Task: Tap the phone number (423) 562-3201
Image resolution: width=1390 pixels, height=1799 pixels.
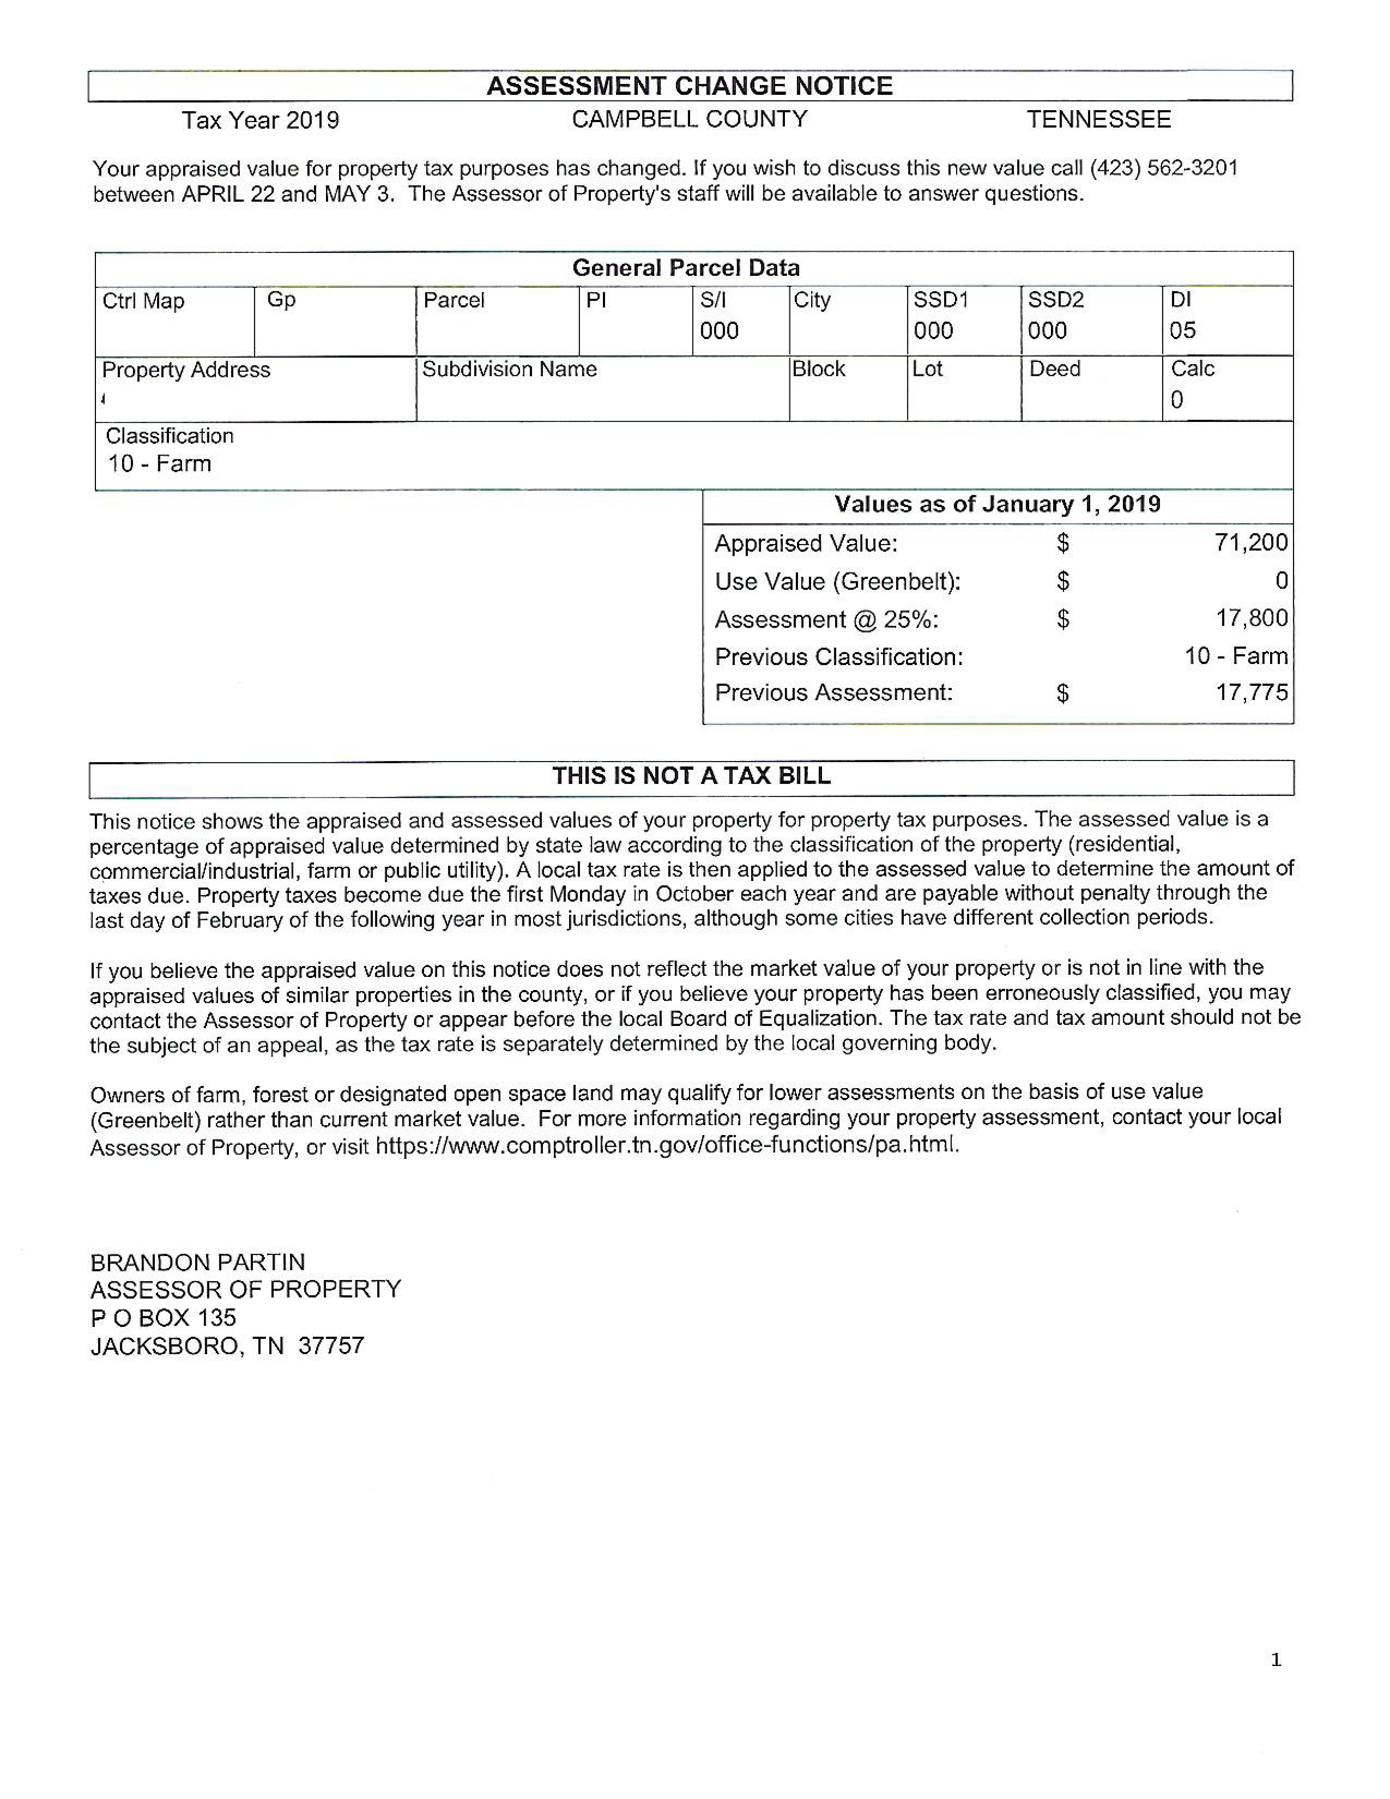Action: [x=1164, y=169]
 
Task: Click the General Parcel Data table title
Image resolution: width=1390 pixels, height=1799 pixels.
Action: [x=685, y=268]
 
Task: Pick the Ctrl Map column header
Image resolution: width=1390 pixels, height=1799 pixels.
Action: [x=143, y=301]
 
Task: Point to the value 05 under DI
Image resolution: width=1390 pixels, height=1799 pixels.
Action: [x=1182, y=331]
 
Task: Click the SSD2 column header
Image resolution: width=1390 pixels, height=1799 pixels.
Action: [x=1056, y=300]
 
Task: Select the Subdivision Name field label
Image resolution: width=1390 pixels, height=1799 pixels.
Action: [x=509, y=369]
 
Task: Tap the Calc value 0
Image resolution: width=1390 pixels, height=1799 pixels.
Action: [x=1177, y=400]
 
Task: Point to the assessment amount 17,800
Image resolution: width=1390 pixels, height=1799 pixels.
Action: [x=1252, y=618]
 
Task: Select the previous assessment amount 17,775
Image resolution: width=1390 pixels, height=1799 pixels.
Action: [x=1252, y=692]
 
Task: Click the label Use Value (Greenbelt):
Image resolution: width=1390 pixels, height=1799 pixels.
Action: [x=837, y=582]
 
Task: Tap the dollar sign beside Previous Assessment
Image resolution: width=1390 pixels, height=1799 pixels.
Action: [x=1063, y=693]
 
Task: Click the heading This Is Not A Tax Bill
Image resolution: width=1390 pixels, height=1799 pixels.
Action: [x=691, y=776]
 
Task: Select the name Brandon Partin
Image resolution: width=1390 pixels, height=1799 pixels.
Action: [x=198, y=1262]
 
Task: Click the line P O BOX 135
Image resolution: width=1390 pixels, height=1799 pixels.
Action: [x=163, y=1318]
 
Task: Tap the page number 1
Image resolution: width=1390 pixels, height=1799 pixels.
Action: [x=1276, y=1660]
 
